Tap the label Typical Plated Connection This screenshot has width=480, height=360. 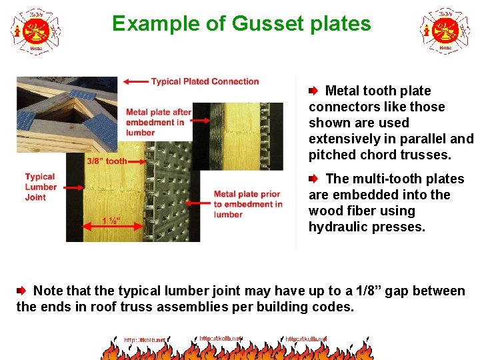click(205, 81)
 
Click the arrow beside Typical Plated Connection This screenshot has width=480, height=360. click(136, 81)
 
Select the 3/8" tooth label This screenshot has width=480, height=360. click(107, 161)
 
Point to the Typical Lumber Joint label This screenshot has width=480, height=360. click(40, 187)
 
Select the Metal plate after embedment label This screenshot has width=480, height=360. click(158, 122)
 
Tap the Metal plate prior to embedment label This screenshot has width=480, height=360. click(247, 204)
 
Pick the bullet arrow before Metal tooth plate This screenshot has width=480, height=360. click(313, 91)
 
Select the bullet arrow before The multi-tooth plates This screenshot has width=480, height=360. click(313, 179)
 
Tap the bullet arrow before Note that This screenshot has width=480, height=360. click(21, 291)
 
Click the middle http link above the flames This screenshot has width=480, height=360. click(220, 339)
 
